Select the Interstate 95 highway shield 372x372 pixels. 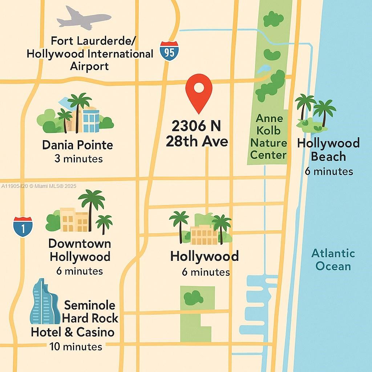click(169, 51)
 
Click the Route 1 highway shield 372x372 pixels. click(23, 226)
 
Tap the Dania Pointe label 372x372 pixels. click(77, 145)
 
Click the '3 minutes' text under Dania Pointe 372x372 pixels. click(78, 159)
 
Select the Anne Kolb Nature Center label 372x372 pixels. click(268, 137)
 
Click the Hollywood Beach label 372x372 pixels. click(328, 150)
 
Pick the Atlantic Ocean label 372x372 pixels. click(333, 259)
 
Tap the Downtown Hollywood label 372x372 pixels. click(80, 250)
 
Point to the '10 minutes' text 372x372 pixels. click(76, 346)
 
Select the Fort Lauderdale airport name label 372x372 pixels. click(90, 53)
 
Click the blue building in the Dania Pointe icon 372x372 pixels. click(91, 121)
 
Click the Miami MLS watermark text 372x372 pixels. click(39, 186)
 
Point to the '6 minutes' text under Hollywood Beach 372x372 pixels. click(328, 171)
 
